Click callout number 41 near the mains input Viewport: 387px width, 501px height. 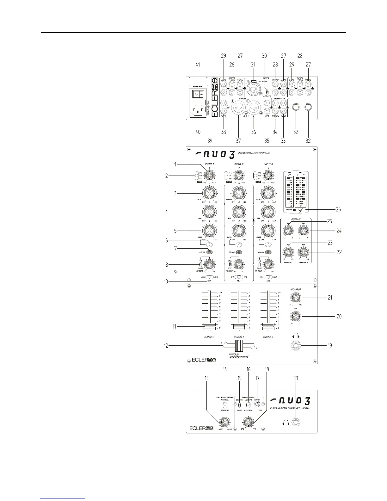point(198,65)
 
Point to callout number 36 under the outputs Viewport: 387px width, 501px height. point(254,132)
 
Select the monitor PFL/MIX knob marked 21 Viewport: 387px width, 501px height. point(296,298)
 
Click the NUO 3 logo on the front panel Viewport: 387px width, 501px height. point(290,401)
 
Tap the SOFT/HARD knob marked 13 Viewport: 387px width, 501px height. point(224,422)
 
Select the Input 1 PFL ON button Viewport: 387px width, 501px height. point(209,252)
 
